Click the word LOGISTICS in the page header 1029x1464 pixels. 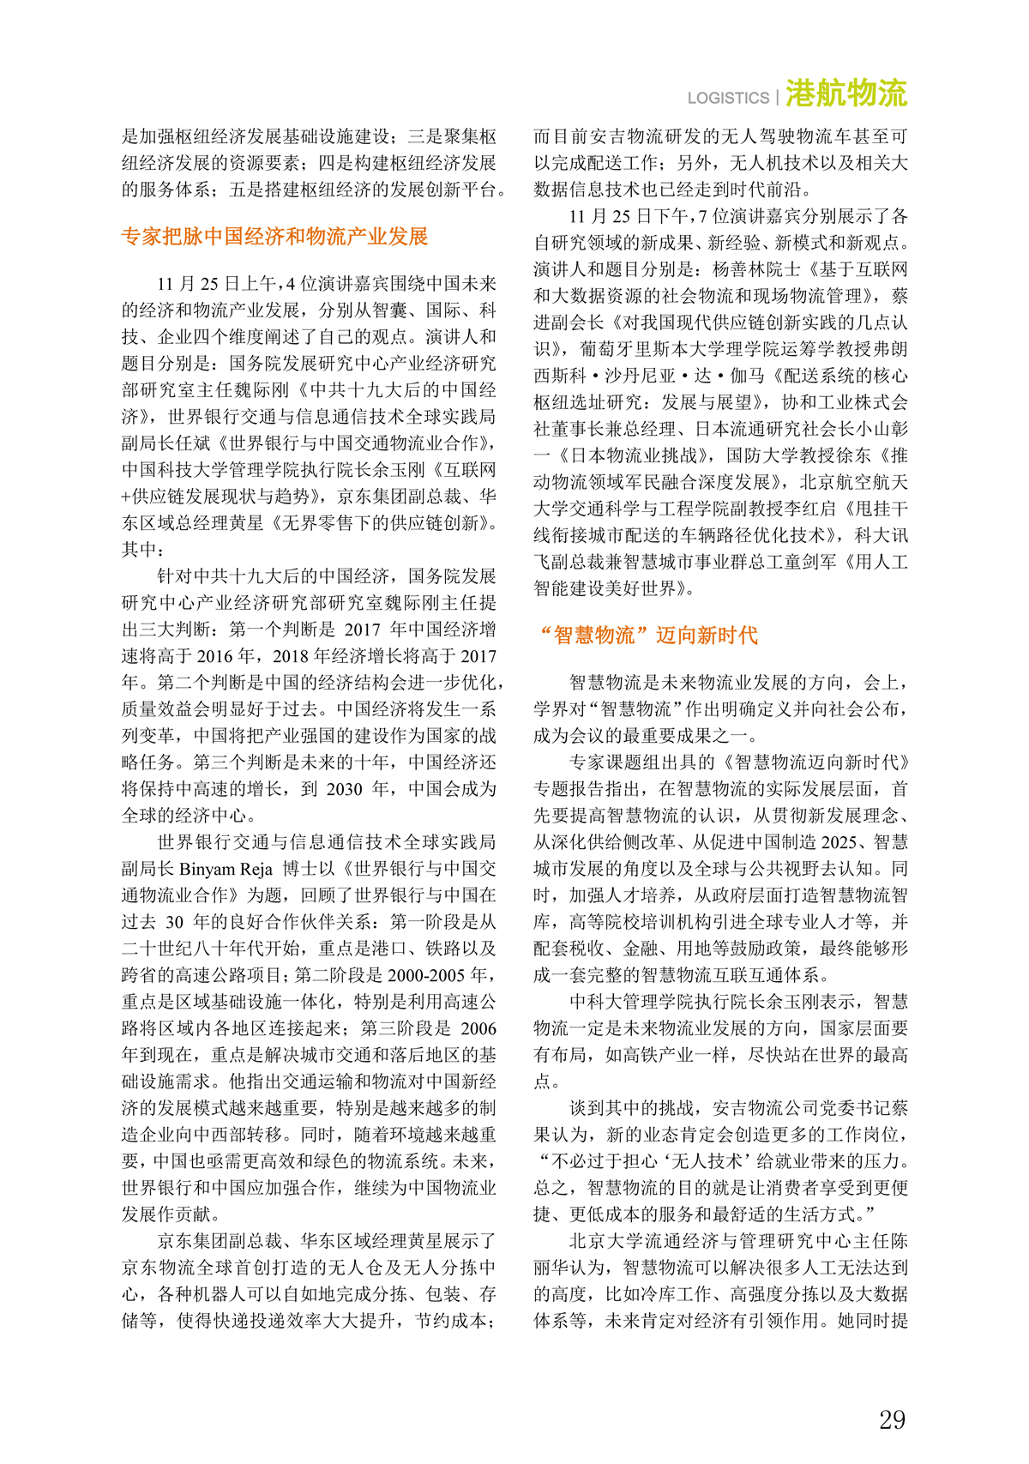(x=728, y=98)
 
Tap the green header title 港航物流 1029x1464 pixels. (x=845, y=93)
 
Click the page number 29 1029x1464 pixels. (x=892, y=1419)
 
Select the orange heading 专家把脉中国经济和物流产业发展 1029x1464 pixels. (x=274, y=237)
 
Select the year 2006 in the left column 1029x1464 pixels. (x=478, y=1028)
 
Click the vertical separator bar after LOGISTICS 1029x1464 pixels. (x=778, y=97)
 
